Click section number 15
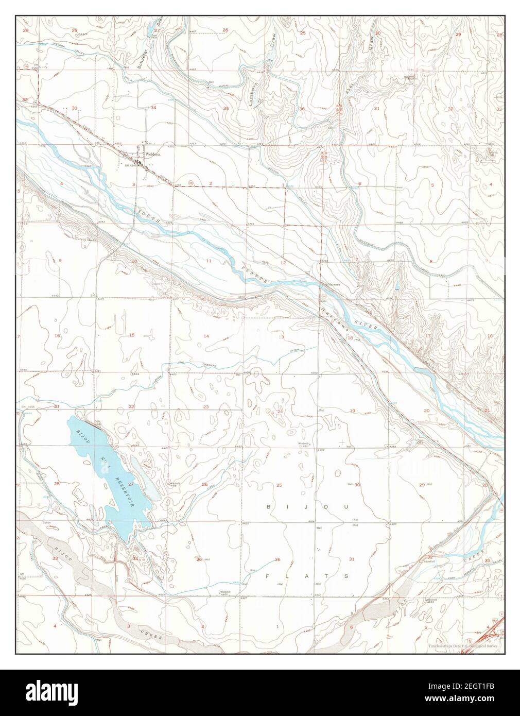(131, 335)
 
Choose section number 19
(353, 410)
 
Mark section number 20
(426, 410)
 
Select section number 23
(206, 407)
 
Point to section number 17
(428, 336)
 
